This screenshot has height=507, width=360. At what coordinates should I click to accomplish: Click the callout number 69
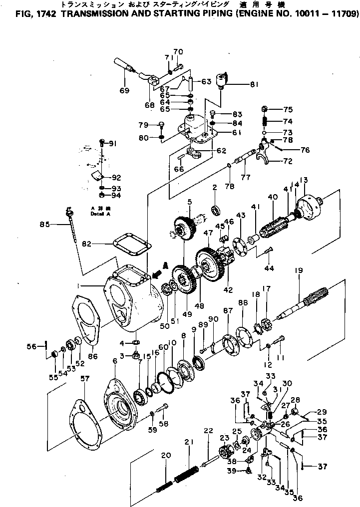pyautogui.click(x=124, y=90)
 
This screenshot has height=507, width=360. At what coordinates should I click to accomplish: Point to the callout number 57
pyautogui.click(x=84, y=379)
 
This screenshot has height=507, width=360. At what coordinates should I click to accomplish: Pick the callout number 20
pyautogui.click(x=166, y=455)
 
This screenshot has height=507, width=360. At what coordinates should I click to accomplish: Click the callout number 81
pyautogui.click(x=255, y=84)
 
